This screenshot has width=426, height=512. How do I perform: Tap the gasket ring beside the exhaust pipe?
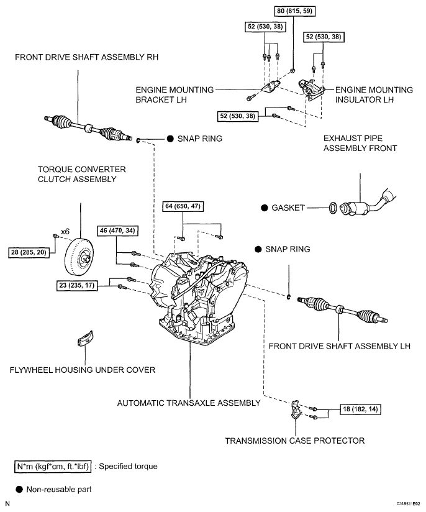click(333, 207)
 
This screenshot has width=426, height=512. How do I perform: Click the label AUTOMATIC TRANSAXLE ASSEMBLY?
click(189, 403)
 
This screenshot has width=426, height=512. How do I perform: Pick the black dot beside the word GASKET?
click(264, 208)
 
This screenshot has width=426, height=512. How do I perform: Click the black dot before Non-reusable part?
click(19, 489)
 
